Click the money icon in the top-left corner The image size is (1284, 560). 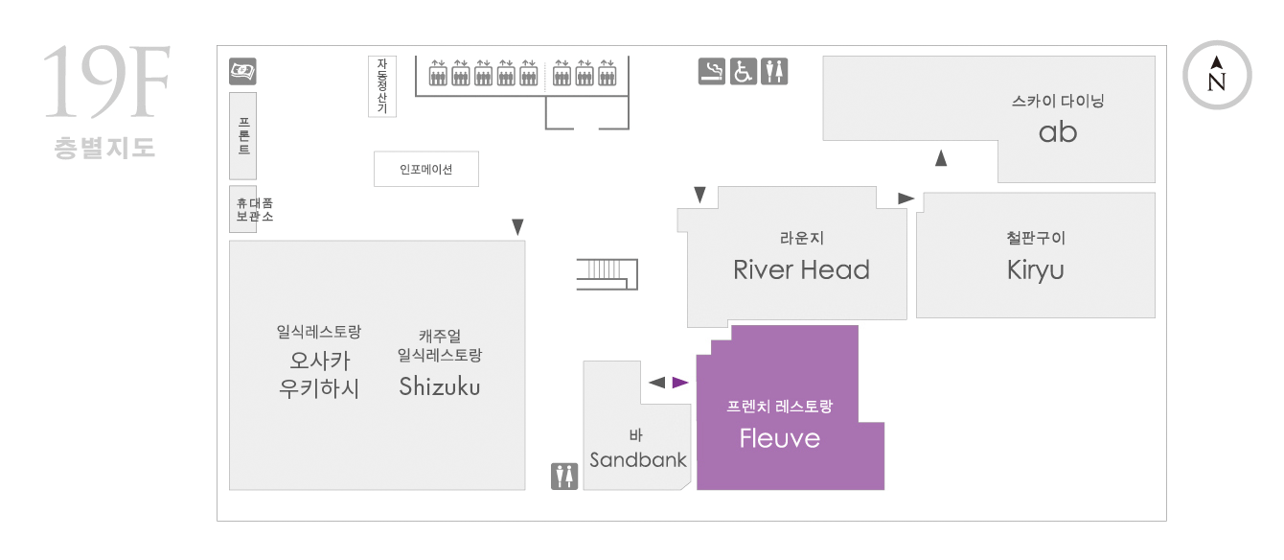(x=242, y=71)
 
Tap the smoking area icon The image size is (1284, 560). (x=711, y=72)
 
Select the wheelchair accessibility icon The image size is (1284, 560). (x=743, y=72)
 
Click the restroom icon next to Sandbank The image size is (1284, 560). (x=564, y=477)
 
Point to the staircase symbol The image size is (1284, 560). (x=608, y=274)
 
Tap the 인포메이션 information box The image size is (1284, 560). (x=425, y=169)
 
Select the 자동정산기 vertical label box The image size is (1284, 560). (x=381, y=86)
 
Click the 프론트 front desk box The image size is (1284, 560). (x=242, y=136)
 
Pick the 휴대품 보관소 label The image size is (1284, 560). (x=255, y=209)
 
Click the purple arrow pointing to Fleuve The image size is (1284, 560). (x=679, y=383)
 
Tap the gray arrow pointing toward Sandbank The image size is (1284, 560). (x=657, y=383)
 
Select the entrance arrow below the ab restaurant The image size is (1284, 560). (x=941, y=158)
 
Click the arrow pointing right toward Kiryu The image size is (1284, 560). (x=906, y=198)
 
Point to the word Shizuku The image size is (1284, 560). (x=440, y=386)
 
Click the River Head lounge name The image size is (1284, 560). (x=801, y=269)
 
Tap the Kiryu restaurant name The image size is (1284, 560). (x=1035, y=270)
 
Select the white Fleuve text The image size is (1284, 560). (x=780, y=438)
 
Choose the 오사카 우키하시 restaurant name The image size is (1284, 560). (x=319, y=374)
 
